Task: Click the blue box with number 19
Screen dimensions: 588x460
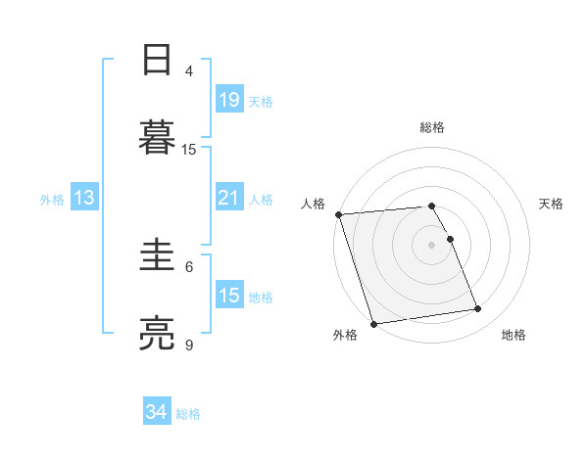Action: tap(228, 99)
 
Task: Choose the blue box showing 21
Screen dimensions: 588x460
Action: tap(228, 198)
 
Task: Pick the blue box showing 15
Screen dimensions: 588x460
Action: tap(228, 295)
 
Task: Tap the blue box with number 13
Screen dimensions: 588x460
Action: tap(84, 198)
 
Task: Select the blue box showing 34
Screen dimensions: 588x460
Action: tap(156, 412)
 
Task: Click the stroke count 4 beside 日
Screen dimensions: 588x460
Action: tap(189, 70)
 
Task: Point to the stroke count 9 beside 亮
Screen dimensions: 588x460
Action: tap(189, 345)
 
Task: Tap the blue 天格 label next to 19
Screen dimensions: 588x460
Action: tap(260, 101)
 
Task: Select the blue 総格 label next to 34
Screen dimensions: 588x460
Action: tap(188, 414)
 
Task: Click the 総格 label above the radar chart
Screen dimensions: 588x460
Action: tap(432, 127)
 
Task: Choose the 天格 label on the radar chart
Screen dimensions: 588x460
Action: tap(551, 204)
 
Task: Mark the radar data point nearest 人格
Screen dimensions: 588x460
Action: tap(338, 214)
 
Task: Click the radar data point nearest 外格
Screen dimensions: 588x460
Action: tap(373, 323)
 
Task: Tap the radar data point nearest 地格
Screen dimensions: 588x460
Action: tap(478, 309)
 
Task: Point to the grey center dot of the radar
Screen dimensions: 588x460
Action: tap(432, 245)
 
